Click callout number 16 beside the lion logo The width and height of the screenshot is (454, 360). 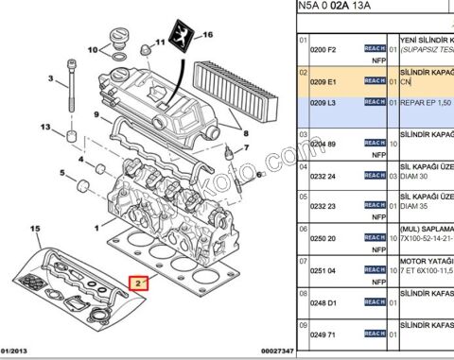208,36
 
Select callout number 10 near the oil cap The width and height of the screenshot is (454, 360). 93,49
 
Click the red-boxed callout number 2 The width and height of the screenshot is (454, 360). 137,283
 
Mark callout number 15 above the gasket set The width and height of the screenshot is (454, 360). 36,230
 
